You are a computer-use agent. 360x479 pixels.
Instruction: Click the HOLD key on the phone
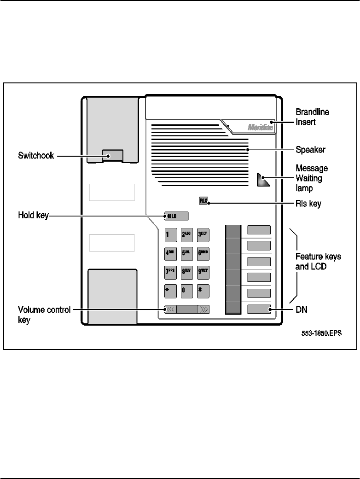coord(176,216)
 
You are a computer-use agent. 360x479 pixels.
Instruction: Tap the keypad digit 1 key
coord(168,234)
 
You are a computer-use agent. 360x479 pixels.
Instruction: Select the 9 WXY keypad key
coord(203,272)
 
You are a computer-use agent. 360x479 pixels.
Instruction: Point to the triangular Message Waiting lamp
coord(263,181)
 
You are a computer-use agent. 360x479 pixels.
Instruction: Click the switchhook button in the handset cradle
coord(112,156)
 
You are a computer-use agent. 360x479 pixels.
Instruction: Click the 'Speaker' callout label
coord(311,150)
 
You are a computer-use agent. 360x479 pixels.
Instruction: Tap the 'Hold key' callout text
coord(33,215)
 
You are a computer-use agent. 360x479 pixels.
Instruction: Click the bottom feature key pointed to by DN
coord(258,309)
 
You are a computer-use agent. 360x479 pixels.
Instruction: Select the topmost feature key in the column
coord(258,230)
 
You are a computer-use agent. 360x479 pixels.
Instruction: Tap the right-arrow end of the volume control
coord(204,310)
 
